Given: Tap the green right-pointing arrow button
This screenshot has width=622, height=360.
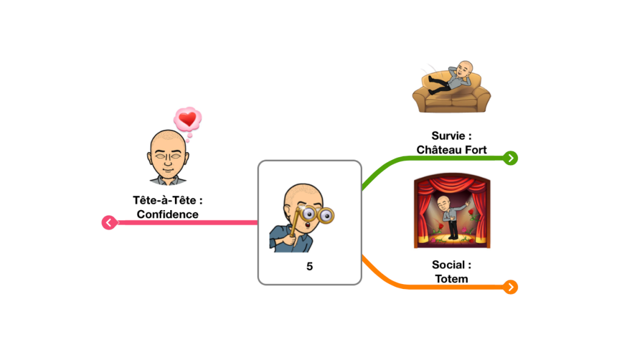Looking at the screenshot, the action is coord(510,158).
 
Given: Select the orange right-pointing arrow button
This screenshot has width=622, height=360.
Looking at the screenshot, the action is coord(510,287).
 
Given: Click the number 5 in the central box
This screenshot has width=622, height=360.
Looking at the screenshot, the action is coord(310,266).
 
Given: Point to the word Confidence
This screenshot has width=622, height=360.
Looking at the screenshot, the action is coord(168,214).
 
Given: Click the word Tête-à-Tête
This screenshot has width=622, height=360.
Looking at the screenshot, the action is coord(164,200).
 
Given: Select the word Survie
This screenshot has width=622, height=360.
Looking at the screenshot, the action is coord(448,136).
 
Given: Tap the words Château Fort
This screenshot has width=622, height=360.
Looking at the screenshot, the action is coord(451,150).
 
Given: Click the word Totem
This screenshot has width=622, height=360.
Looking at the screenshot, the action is coord(451,279).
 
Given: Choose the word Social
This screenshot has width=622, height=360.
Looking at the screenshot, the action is coord(448,265).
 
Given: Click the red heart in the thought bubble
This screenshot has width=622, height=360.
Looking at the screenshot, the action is coord(187,118).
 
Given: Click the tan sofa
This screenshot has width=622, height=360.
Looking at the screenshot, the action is coord(451,93).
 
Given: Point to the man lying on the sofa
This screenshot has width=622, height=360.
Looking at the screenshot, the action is coord(451,78).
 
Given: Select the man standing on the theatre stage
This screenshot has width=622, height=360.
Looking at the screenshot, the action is coord(452,217).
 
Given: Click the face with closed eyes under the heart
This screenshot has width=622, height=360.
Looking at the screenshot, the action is coord(168,157).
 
